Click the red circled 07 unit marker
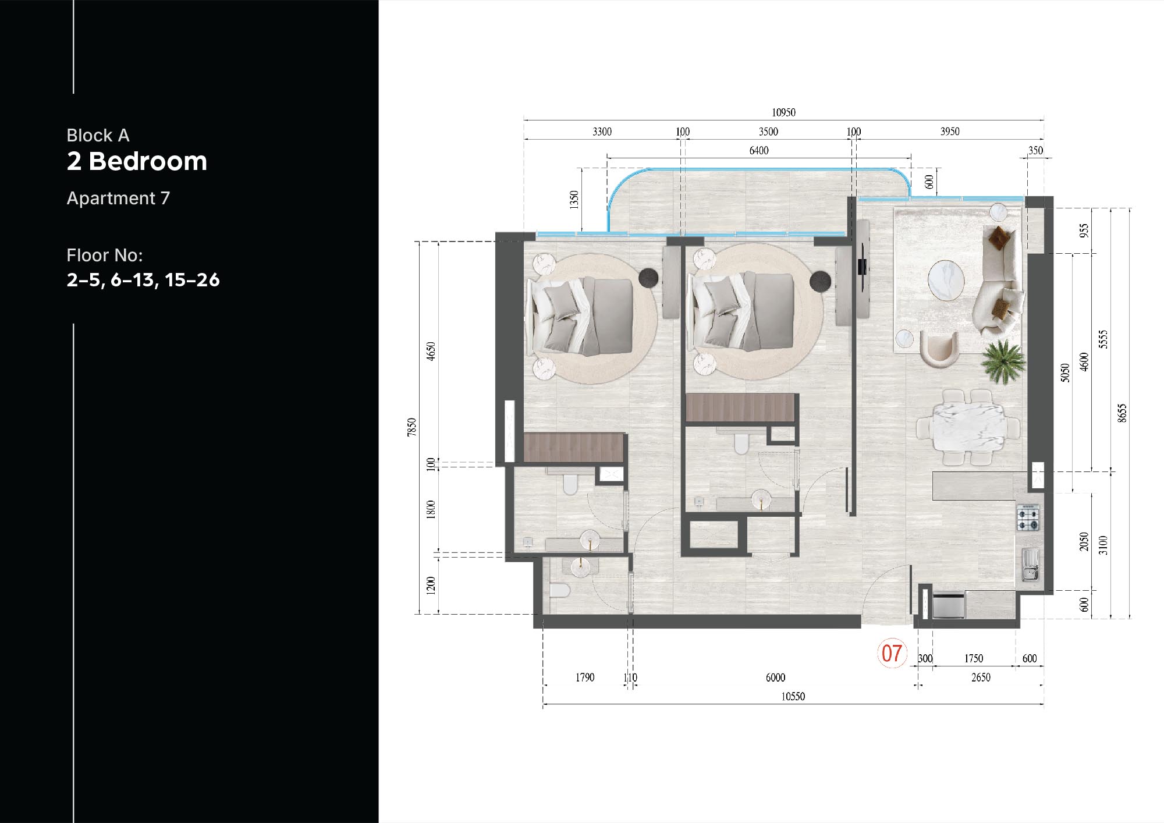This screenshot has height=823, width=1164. point(892,653)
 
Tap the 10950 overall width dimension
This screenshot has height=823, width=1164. point(783,112)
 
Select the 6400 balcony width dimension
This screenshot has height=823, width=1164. point(758,151)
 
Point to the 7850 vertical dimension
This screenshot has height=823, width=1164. point(412,427)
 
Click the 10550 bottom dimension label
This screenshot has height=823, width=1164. point(793,697)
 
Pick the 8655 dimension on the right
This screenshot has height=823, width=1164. point(1122,413)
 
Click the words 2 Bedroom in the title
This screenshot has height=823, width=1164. point(137,161)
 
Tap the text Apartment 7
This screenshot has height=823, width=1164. point(118,198)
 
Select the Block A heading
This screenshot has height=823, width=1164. point(98,136)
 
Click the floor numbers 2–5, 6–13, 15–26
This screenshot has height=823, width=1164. point(143,280)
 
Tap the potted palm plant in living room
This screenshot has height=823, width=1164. point(1002,361)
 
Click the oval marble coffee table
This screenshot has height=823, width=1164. point(946,281)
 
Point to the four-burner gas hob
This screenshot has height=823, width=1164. point(1028,518)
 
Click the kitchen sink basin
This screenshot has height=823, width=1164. point(1030,565)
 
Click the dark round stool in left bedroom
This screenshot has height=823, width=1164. point(648,278)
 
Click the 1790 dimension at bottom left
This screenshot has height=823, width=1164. point(585,677)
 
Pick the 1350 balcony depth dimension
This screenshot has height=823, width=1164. point(574,200)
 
